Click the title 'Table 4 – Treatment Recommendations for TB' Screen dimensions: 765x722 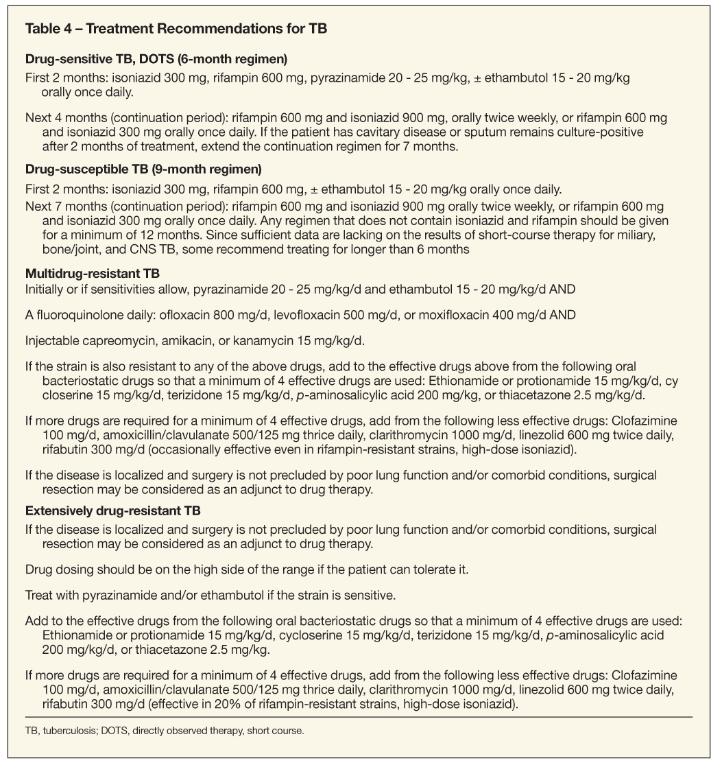[x=176, y=30]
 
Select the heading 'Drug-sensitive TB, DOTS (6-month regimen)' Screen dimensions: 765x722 [x=156, y=58]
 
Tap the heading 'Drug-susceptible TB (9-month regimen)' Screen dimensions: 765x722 [x=144, y=168]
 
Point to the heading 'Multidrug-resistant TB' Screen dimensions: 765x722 [x=93, y=274]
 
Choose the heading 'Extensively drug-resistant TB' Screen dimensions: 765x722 [x=112, y=510]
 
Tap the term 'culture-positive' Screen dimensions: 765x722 [x=606, y=131]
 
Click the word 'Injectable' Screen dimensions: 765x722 [x=49, y=340]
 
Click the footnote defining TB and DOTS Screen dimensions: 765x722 [x=164, y=731]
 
